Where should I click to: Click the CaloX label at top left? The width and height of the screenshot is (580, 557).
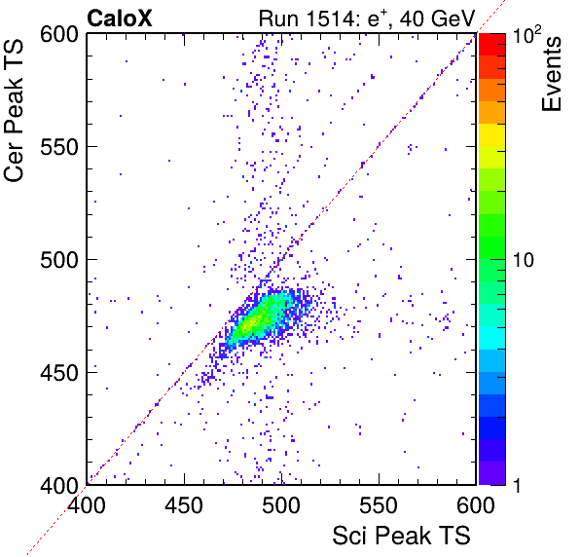click(120, 19)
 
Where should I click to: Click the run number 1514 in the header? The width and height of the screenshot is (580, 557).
click(330, 19)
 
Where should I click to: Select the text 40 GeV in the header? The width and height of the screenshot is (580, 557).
click(437, 19)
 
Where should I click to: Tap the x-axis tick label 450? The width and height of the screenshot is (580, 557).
click(184, 505)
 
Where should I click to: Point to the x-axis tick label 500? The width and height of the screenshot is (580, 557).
click(281, 505)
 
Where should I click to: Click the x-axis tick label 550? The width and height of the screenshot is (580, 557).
click(379, 505)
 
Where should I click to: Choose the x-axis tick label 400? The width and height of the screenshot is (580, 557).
click(87, 505)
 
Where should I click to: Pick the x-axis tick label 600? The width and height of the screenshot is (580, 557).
click(476, 505)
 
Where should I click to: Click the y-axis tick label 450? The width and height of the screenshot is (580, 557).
click(59, 373)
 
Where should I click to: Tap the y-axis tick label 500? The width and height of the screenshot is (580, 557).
click(59, 260)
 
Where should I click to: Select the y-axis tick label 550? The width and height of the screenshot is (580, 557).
click(59, 148)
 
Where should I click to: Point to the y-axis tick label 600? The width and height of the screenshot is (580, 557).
click(59, 35)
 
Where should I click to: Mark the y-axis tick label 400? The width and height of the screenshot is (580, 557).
click(59, 485)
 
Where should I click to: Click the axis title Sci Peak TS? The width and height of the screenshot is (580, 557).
click(401, 536)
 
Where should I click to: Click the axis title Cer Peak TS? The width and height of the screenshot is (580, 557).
click(14, 111)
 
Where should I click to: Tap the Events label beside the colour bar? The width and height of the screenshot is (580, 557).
click(551, 74)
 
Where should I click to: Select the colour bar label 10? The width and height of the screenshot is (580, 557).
click(524, 260)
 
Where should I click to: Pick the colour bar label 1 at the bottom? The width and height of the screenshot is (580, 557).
click(517, 485)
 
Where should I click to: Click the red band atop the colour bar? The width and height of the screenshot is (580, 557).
click(492, 45)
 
